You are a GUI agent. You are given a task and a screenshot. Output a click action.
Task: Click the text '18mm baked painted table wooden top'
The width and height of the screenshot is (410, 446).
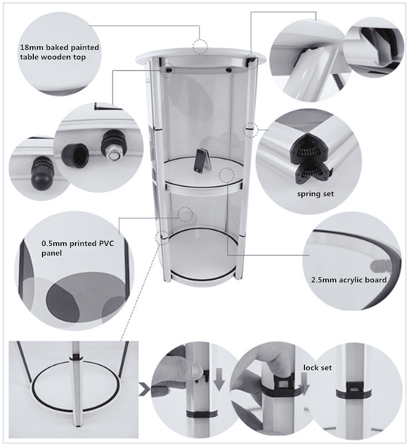tap(59, 52)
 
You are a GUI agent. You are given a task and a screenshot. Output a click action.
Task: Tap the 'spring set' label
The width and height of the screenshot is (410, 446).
tap(315, 194)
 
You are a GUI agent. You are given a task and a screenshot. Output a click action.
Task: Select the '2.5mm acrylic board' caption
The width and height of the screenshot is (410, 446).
tap(349, 280)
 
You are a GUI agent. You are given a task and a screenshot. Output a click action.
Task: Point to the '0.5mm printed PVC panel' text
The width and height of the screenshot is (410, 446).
tap(77, 248)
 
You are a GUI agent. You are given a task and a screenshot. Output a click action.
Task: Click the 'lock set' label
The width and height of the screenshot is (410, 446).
tap(317, 367)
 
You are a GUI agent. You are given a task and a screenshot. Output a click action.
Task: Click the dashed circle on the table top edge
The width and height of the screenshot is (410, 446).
tap(200, 46)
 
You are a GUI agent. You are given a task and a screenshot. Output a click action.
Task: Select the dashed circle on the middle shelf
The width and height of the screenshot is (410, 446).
tap(227, 174)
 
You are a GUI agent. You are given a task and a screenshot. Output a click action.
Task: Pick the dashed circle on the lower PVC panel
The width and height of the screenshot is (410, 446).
tap(185, 214)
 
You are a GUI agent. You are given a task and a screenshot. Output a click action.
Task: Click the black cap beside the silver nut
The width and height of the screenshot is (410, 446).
tap(75, 154)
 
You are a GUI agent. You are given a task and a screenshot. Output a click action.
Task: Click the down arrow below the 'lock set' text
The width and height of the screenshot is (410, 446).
tap(304, 384)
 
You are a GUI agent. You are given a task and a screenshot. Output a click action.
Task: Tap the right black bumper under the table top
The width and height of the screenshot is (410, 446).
tap(228, 69)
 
